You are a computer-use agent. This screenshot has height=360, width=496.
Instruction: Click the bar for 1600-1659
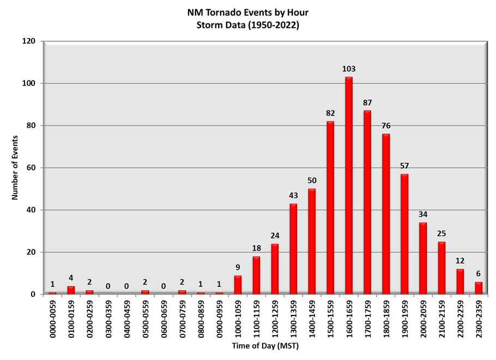click(x=349, y=185)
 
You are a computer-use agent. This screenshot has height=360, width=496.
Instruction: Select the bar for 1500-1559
click(x=330, y=208)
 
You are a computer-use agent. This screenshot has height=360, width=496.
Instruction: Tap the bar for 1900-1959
click(x=404, y=234)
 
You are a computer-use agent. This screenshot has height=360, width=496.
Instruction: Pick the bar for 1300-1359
click(x=293, y=248)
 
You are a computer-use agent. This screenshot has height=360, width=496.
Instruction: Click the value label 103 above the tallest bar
click(x=349, y=69)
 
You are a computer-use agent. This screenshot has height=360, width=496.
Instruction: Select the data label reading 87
click(x=367, y=103)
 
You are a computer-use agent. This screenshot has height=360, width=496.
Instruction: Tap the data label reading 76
click(x=386, y=126)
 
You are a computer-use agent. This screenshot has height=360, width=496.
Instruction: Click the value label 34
click(x=423, y=215)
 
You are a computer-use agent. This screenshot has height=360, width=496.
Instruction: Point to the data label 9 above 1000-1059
click(x=238, y=267)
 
